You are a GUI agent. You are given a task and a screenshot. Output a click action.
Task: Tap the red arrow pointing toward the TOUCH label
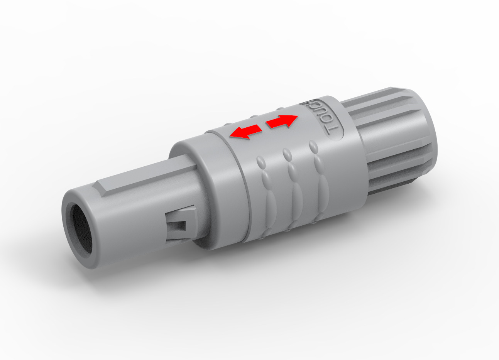click(x=282, y=122)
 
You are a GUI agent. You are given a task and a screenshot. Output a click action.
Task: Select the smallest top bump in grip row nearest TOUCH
click(x=313, y=147)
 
